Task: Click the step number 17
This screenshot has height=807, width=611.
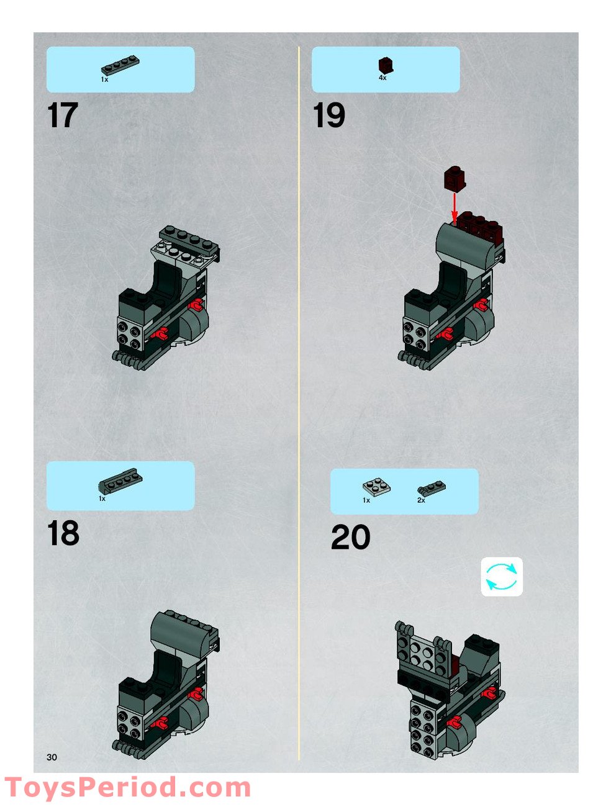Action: pos(62,116)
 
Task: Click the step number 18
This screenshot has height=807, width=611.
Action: pos(63,534)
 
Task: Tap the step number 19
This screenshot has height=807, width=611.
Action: pos(328,116)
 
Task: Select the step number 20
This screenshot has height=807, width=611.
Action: pos(350,538)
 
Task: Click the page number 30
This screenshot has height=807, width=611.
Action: pos(51,757)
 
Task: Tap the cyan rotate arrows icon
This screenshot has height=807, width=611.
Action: pos(501,577)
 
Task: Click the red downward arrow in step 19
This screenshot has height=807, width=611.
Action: pos(455,206)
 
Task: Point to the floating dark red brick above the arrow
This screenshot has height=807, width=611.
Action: pos(455,179)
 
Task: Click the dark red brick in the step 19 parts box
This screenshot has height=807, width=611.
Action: pos(386,65)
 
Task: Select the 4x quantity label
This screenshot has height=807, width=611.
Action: pos(382,78)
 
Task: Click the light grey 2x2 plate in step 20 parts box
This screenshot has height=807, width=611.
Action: pos(376,487)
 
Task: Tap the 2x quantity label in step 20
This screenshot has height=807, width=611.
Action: pos(421,500)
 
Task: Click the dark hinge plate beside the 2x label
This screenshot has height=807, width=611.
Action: pos(432,489)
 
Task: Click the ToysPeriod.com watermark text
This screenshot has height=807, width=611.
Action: pos(127,788)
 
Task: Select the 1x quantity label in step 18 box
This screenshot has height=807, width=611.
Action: pos(102,498)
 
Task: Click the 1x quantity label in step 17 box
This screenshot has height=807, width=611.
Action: pos(104,79)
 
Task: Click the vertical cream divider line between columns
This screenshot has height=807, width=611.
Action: pos(299,403)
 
